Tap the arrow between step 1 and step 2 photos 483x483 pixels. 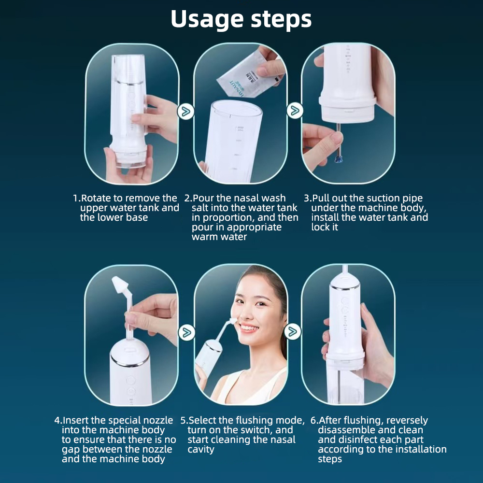coord(185,112)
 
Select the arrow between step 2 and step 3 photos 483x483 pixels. coord(294,111)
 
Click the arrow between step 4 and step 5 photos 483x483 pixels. coord(186,332)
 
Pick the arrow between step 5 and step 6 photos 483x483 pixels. coord(292,332)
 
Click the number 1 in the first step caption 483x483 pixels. coord(75,199)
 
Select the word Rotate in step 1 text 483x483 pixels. coord(96,198)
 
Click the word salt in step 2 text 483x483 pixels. coord(201,208)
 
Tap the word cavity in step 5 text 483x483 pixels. coord(201,450)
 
